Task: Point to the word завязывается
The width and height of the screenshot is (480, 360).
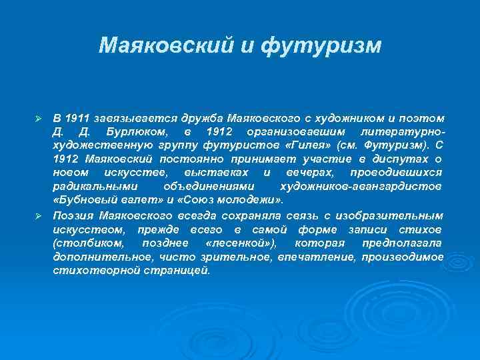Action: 127,117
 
